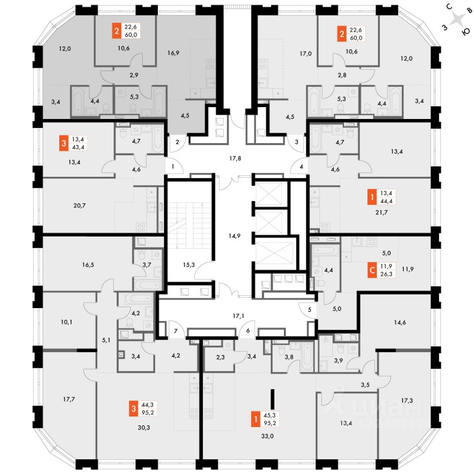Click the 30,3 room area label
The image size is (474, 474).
click(x=143, y=428)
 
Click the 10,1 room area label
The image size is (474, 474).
click(x=67, y=322)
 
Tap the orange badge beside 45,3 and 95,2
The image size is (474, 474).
click(x=255, y=420)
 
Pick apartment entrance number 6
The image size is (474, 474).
click(x=248, y=331)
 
